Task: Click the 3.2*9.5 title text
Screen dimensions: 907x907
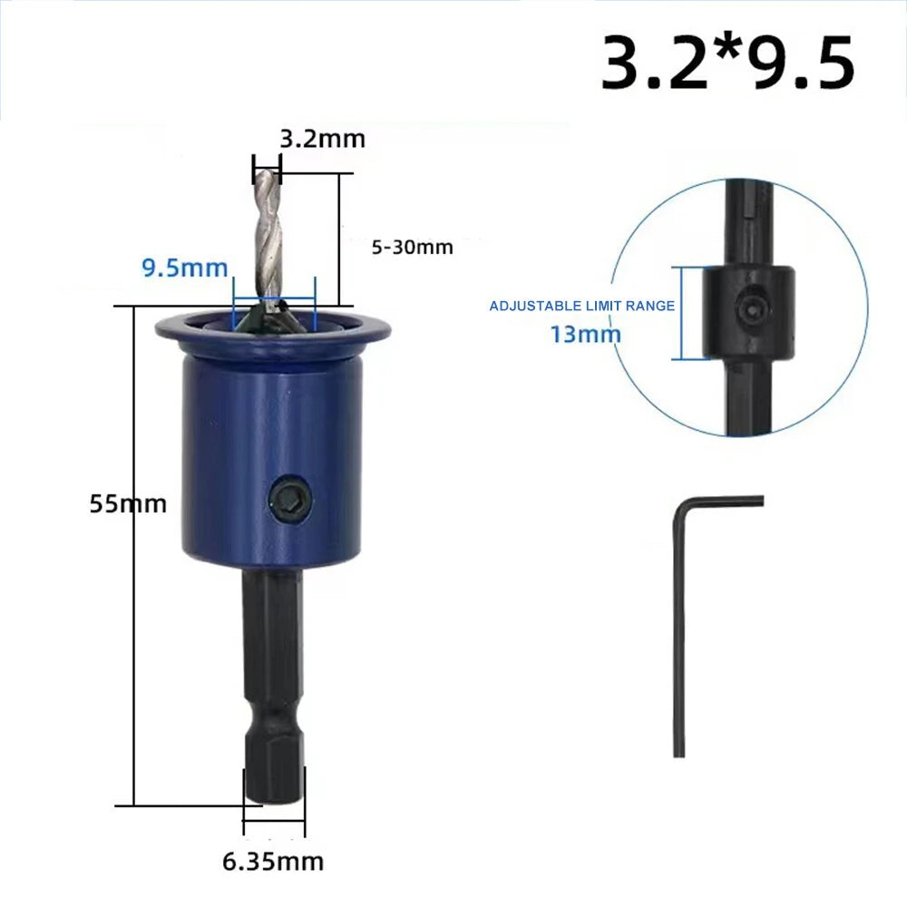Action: [727, 63]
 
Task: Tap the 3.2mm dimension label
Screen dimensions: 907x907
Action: [323, 140]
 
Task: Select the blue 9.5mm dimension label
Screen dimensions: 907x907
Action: [185, 268]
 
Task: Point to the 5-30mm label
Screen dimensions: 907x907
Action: [412, 248]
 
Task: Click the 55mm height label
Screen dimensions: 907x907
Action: [128, 503]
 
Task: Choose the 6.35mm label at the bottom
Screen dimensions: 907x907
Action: [273, 862]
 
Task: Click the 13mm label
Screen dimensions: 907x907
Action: [585, 335]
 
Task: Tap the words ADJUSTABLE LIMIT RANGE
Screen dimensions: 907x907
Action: [582, 306]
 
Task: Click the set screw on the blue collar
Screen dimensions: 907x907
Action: [291, 498]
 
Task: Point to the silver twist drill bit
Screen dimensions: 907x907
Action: [268, 243]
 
